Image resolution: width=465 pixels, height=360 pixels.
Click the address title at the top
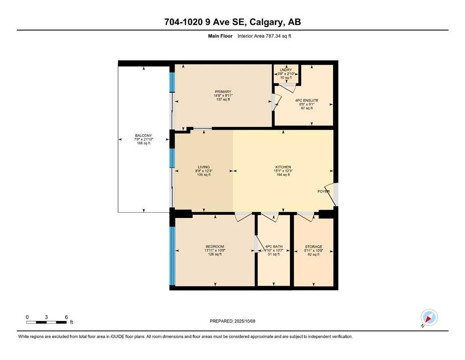point(232,22)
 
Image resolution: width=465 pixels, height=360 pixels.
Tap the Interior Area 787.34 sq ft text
point(264,36)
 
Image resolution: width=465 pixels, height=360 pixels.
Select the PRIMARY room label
point(223,92)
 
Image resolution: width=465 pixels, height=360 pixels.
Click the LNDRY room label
point(286,70)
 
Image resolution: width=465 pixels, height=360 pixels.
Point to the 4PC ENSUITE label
point(307,101)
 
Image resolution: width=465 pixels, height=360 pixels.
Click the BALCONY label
point(144,135)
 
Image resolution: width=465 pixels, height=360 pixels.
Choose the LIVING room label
point(204,167)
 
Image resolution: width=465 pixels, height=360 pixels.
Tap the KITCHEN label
point(283,167)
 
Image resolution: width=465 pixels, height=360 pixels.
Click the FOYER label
point(324,191)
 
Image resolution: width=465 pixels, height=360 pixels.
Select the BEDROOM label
point(215,247)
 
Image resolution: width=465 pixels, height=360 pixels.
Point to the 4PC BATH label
point(274,247)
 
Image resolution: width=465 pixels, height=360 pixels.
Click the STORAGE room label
point(313,247)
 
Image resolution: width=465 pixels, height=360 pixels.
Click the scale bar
point(46,322)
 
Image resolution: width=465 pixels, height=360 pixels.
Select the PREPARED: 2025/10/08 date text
point(232,321)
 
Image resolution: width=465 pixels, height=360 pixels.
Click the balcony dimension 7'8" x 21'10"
point(144,139)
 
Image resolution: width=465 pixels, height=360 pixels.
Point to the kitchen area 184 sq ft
point(283,175)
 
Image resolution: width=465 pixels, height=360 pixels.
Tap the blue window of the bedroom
point(172,255)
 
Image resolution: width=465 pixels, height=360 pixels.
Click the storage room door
point(306,217)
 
